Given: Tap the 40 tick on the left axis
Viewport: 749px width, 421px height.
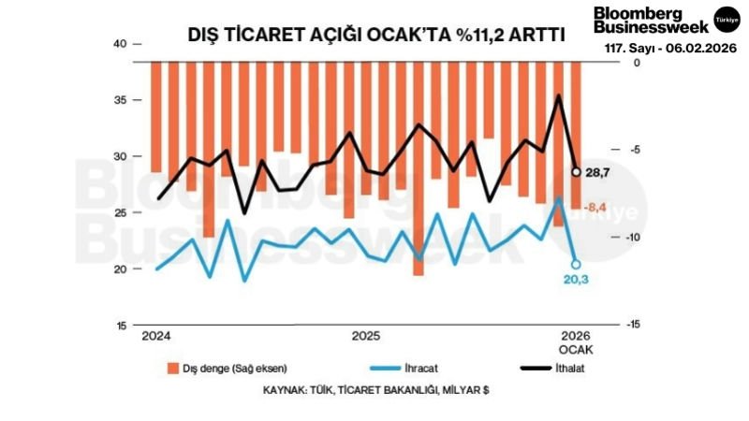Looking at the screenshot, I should [119, 44].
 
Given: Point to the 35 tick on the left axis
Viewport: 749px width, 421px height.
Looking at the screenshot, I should [119, 100].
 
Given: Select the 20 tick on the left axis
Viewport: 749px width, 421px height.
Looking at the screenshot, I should [119, 269].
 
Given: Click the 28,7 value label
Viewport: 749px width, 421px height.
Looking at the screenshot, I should [597, 173].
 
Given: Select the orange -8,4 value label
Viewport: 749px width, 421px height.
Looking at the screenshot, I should [597, 207].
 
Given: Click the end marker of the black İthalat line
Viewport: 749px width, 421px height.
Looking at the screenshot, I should [577, 171].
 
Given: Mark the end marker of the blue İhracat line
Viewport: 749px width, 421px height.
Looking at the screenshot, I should [576, 264].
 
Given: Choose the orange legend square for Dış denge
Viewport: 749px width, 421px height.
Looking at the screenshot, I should [173, 367].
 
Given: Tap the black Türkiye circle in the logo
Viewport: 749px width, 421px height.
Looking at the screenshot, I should [727, 19].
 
